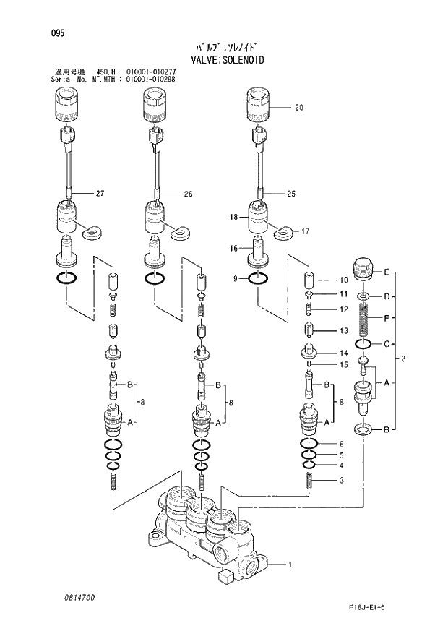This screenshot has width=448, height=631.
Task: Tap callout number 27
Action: (x=100, y=194)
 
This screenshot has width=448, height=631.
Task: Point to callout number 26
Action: (x=188, y=194)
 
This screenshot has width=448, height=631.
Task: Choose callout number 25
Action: (x=291, y=194)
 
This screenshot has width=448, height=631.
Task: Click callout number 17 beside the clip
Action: (x=305, y=232)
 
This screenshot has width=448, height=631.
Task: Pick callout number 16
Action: (x=233, y=248)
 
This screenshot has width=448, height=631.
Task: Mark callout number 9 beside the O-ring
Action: (x=236, y=278)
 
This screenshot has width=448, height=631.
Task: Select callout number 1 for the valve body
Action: (x=290, y=565)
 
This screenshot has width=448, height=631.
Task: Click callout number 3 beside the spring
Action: (x=342, y=481)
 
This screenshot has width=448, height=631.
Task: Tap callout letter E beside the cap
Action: (x=387, y=272)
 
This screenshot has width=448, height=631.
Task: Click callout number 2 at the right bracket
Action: (x=403, y=359)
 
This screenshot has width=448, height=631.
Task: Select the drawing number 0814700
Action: (x=73, y=598)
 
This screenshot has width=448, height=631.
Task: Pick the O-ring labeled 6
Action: (x=309, y=444)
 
